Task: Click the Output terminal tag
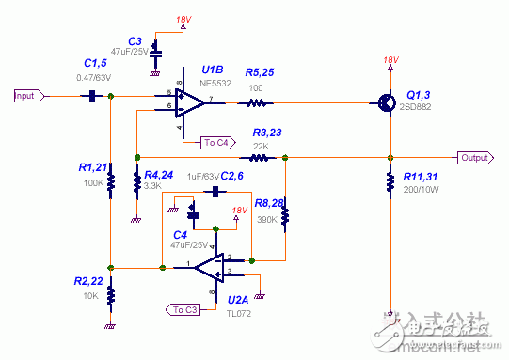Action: (x=475, y=158)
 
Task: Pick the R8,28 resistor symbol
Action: (x=286, y=213)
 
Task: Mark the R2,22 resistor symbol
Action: (x=111, y=294)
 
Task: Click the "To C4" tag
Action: (x=215, y=143)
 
